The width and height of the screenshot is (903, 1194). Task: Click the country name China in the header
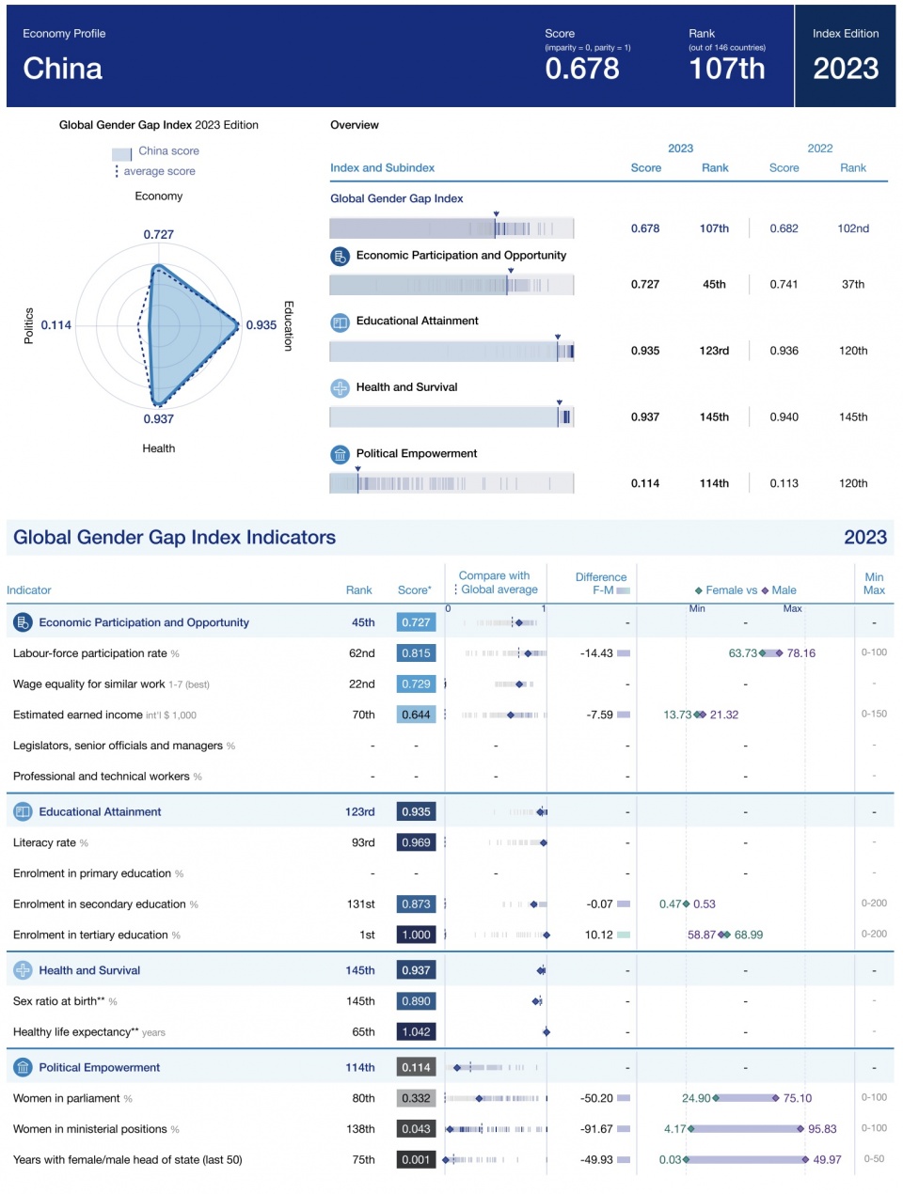coord(62,69)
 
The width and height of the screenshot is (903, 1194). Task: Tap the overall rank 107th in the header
coord(727,69)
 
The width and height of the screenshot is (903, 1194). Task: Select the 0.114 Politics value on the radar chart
coord(56,324)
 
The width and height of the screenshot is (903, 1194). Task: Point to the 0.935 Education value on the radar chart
coord(261,324)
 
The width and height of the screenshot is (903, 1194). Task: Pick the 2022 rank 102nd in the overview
coord(853,228)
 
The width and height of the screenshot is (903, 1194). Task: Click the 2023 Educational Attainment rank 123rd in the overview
coord(714,351)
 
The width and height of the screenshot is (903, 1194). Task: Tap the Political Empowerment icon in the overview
coord(340,454)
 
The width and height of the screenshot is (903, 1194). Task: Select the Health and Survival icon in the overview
coord(340,388)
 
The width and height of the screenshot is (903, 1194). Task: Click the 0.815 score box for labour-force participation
coord(416,652)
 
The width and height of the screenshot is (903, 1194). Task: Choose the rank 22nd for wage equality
coord(362,683)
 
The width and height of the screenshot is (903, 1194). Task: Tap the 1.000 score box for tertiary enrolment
coord(416,935)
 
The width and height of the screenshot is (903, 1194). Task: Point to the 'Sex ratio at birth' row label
coord(58,1001)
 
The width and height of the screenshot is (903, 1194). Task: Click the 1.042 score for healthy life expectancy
coord(416,1031)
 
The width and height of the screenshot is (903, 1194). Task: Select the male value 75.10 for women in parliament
coord(797,1098)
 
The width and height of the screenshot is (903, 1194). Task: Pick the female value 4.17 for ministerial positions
coord(674,1129)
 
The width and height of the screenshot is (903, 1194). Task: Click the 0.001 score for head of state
coord(416,1159)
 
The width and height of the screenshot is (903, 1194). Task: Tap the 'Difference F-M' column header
coord(601,583)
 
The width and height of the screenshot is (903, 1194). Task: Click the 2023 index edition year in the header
coord(846,69)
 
